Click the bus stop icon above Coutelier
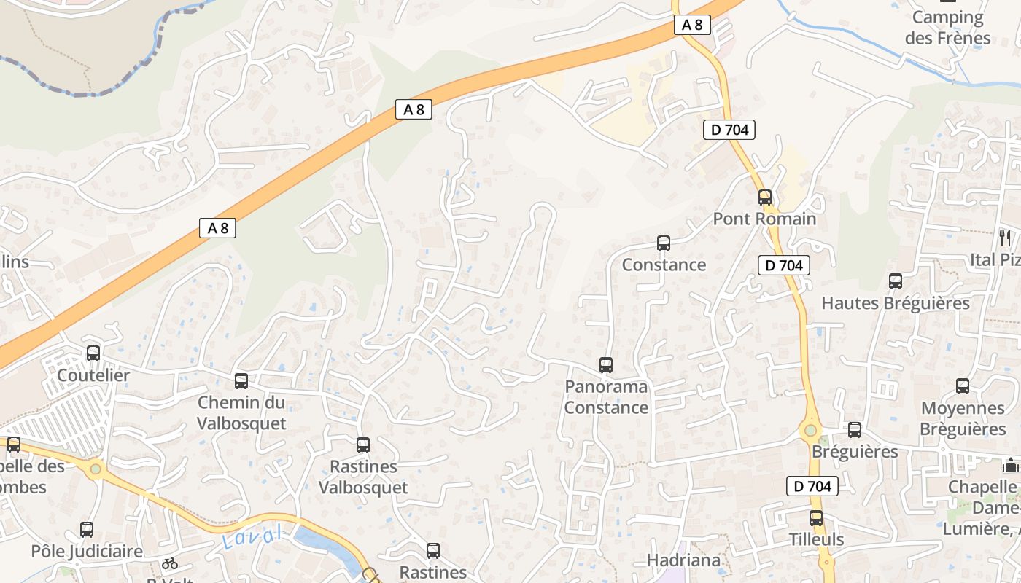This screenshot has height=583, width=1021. [x=93, y=353]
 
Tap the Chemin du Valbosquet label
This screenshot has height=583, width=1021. [x=241, y=412]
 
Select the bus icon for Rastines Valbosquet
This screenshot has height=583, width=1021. [x=363, y=445]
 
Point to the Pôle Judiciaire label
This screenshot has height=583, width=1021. [x=87, y=551]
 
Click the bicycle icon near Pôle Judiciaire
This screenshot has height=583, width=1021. [x=170, y=563]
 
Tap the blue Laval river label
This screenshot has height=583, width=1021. [x=252, y=538]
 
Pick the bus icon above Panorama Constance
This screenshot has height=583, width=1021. [x=606, y=364]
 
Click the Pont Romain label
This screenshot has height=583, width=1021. [x=764, y=219]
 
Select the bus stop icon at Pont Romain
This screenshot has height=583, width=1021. [x=765, y=197]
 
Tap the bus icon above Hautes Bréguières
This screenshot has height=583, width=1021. [x=896, y=281]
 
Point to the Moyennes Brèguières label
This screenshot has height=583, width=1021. [x=963, y=418]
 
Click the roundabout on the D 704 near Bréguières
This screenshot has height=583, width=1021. [x=811, y=431]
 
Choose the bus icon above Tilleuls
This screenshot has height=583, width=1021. [x=816, y=518]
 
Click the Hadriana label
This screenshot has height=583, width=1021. [x=683, y=560]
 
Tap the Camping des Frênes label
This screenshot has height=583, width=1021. [x=948, y=28]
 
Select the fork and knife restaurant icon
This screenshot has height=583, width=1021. [x=1005, y=238]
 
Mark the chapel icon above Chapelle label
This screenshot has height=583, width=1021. [x=1011, y=464]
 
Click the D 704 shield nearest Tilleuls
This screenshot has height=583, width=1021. [x=812, y=486]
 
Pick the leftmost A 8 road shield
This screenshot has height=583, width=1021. [x=217, y=228]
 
